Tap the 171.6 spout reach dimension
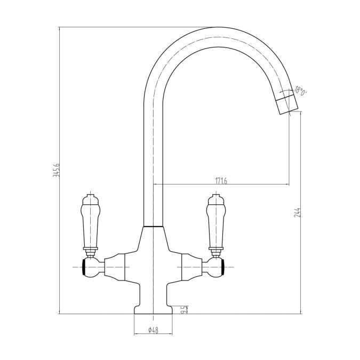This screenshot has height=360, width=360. (x=221, y=181)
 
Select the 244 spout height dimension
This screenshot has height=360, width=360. (x=297, y=212)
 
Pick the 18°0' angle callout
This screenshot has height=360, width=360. (x=301, y=91)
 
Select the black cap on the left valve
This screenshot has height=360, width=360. (x=84, y=266)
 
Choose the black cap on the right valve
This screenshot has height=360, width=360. (x=223, y=266)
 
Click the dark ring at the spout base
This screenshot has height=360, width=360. (x=154, y=227)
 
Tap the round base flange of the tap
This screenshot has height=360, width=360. (x=153, y=310)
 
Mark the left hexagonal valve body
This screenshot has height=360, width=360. (x=115, y=266)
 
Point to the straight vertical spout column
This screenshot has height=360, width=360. (x=154, y=160)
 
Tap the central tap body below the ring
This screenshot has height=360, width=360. (x=153, y=256)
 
